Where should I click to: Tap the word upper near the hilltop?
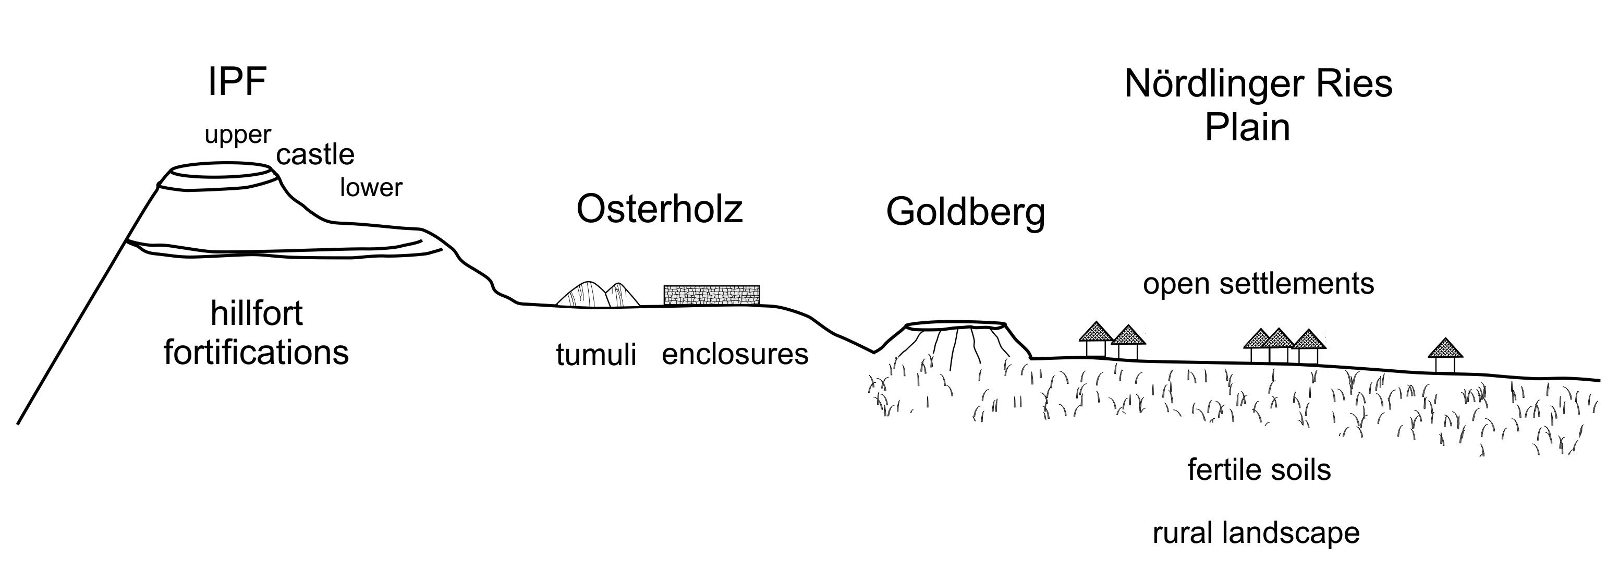[x=238, y=135]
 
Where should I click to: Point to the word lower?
[x=371, y=187]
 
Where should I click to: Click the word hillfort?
[x=257, y=313]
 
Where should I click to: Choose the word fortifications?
[x=256, y=352]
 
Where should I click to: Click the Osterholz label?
[x=659, y=209]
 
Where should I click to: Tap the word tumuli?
[x=596, y=355]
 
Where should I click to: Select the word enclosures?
[x=735, y=355]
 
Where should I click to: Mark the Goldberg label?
[x=965, y=213]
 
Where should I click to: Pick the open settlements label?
[x=1258, y=284]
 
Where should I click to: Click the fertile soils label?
[x=1259, y=470]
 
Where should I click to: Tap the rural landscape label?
[x=1256, y=533]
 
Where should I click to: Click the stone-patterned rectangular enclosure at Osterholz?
[x=711, y=295]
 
